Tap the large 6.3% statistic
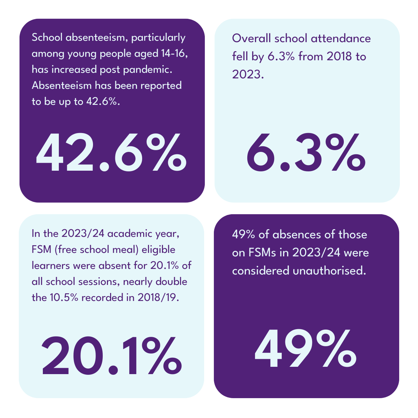[x=306, y=153]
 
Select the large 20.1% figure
[x=111, y=355]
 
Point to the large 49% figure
[x=306, y=349]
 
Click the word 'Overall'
[x=251, y=38]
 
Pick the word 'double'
[x=171, y=282]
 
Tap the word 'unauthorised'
[x=329, y=271]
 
